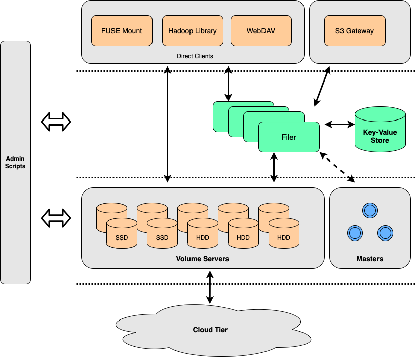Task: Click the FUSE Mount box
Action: click(x=122, y=31)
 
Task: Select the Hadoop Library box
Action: click(x=193, y=31)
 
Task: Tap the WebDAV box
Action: click(x=261, y=31)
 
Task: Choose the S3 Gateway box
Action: click(x=355, y=31)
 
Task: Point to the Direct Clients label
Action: click(x=195, y=56)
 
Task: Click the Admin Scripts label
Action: click(x=15, y=163)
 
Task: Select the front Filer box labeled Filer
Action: click(x=289, y=137)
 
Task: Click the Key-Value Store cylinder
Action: click(x=380, y=133)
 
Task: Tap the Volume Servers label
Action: click(x=203, y=259)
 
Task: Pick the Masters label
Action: click(x=370, y=259)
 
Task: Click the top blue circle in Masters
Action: click(x=370, y=210)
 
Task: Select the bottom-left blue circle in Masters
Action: click(x=355, y=233)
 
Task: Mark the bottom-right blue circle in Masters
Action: click(x=386, y=233)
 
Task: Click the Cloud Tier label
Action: click(x=210, y=330)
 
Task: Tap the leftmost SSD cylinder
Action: click(x=122, y=234)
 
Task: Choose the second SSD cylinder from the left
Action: click(x=162, y=234)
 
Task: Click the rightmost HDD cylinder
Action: click(x=284, y=234)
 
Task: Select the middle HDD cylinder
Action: click(x=243, y=234)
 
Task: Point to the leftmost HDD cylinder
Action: click(x=203, y=234)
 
